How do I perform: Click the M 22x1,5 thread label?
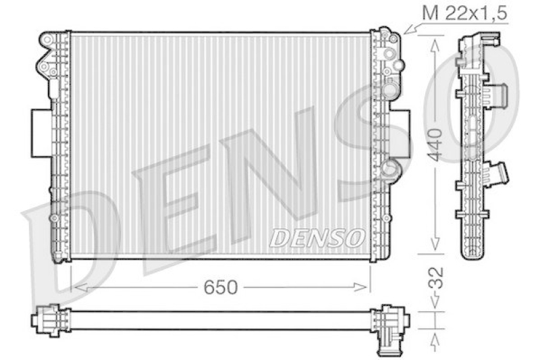464,13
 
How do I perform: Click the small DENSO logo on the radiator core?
317,236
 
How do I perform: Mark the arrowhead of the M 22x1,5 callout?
406,32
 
